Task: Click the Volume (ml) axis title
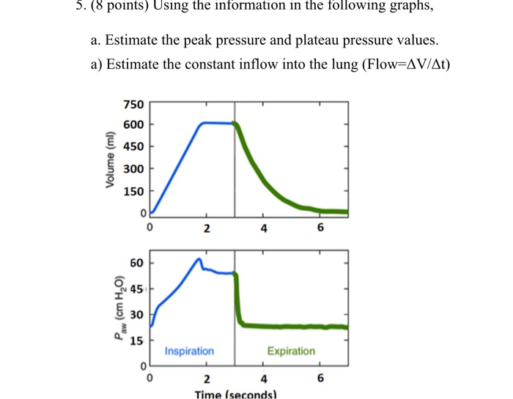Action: click(x=111, y=159)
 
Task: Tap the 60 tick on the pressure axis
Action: click(x=136, y=262)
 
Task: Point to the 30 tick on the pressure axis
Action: click(x=136, y=314)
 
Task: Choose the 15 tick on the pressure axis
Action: click(x=136, y=340)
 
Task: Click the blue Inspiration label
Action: click(x=189, y=351)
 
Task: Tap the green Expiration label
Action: click(x=291, y=351)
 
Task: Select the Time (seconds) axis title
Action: click(x=235, y=395)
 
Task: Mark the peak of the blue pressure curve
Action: click(x=199, y=258)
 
